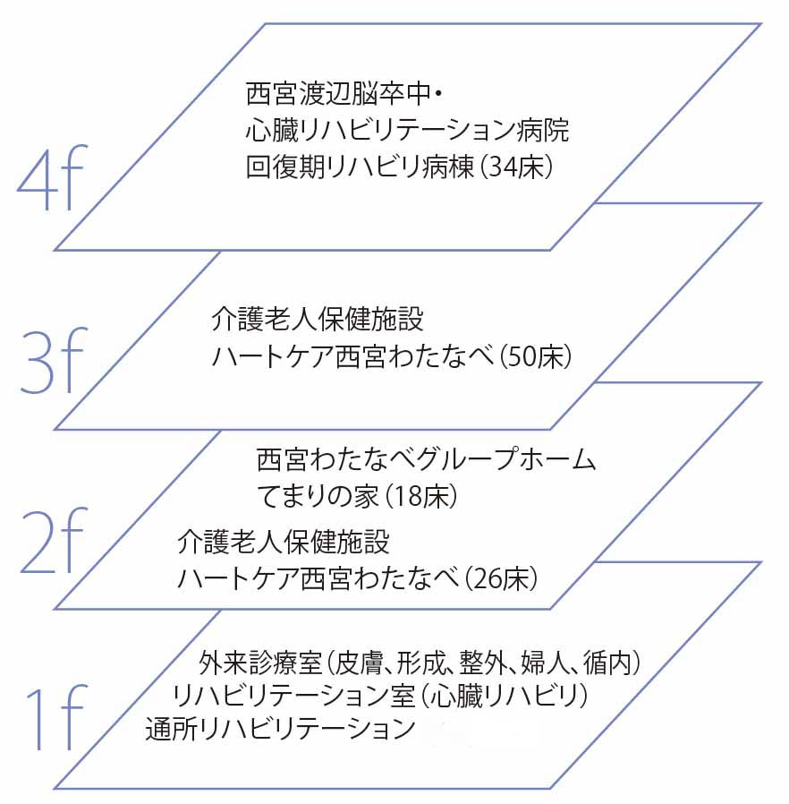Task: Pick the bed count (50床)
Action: click(x=535, y=356)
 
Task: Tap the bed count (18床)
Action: click(x=421, y=496)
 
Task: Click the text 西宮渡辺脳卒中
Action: click(x=339, y=94)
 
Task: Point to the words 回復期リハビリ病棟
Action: click(x=361, y=167)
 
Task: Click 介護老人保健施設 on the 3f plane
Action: click(x=318, y=319)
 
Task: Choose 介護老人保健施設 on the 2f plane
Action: click(x=284, y=543)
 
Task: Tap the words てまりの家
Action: click(x=318, y=496)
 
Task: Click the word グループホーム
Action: click(x=505, y=458)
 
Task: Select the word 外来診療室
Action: click(x=261, y=663)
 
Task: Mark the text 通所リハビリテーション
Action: click(x=280, y=729)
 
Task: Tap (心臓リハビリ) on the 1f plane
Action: click(x=504, y=696)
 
